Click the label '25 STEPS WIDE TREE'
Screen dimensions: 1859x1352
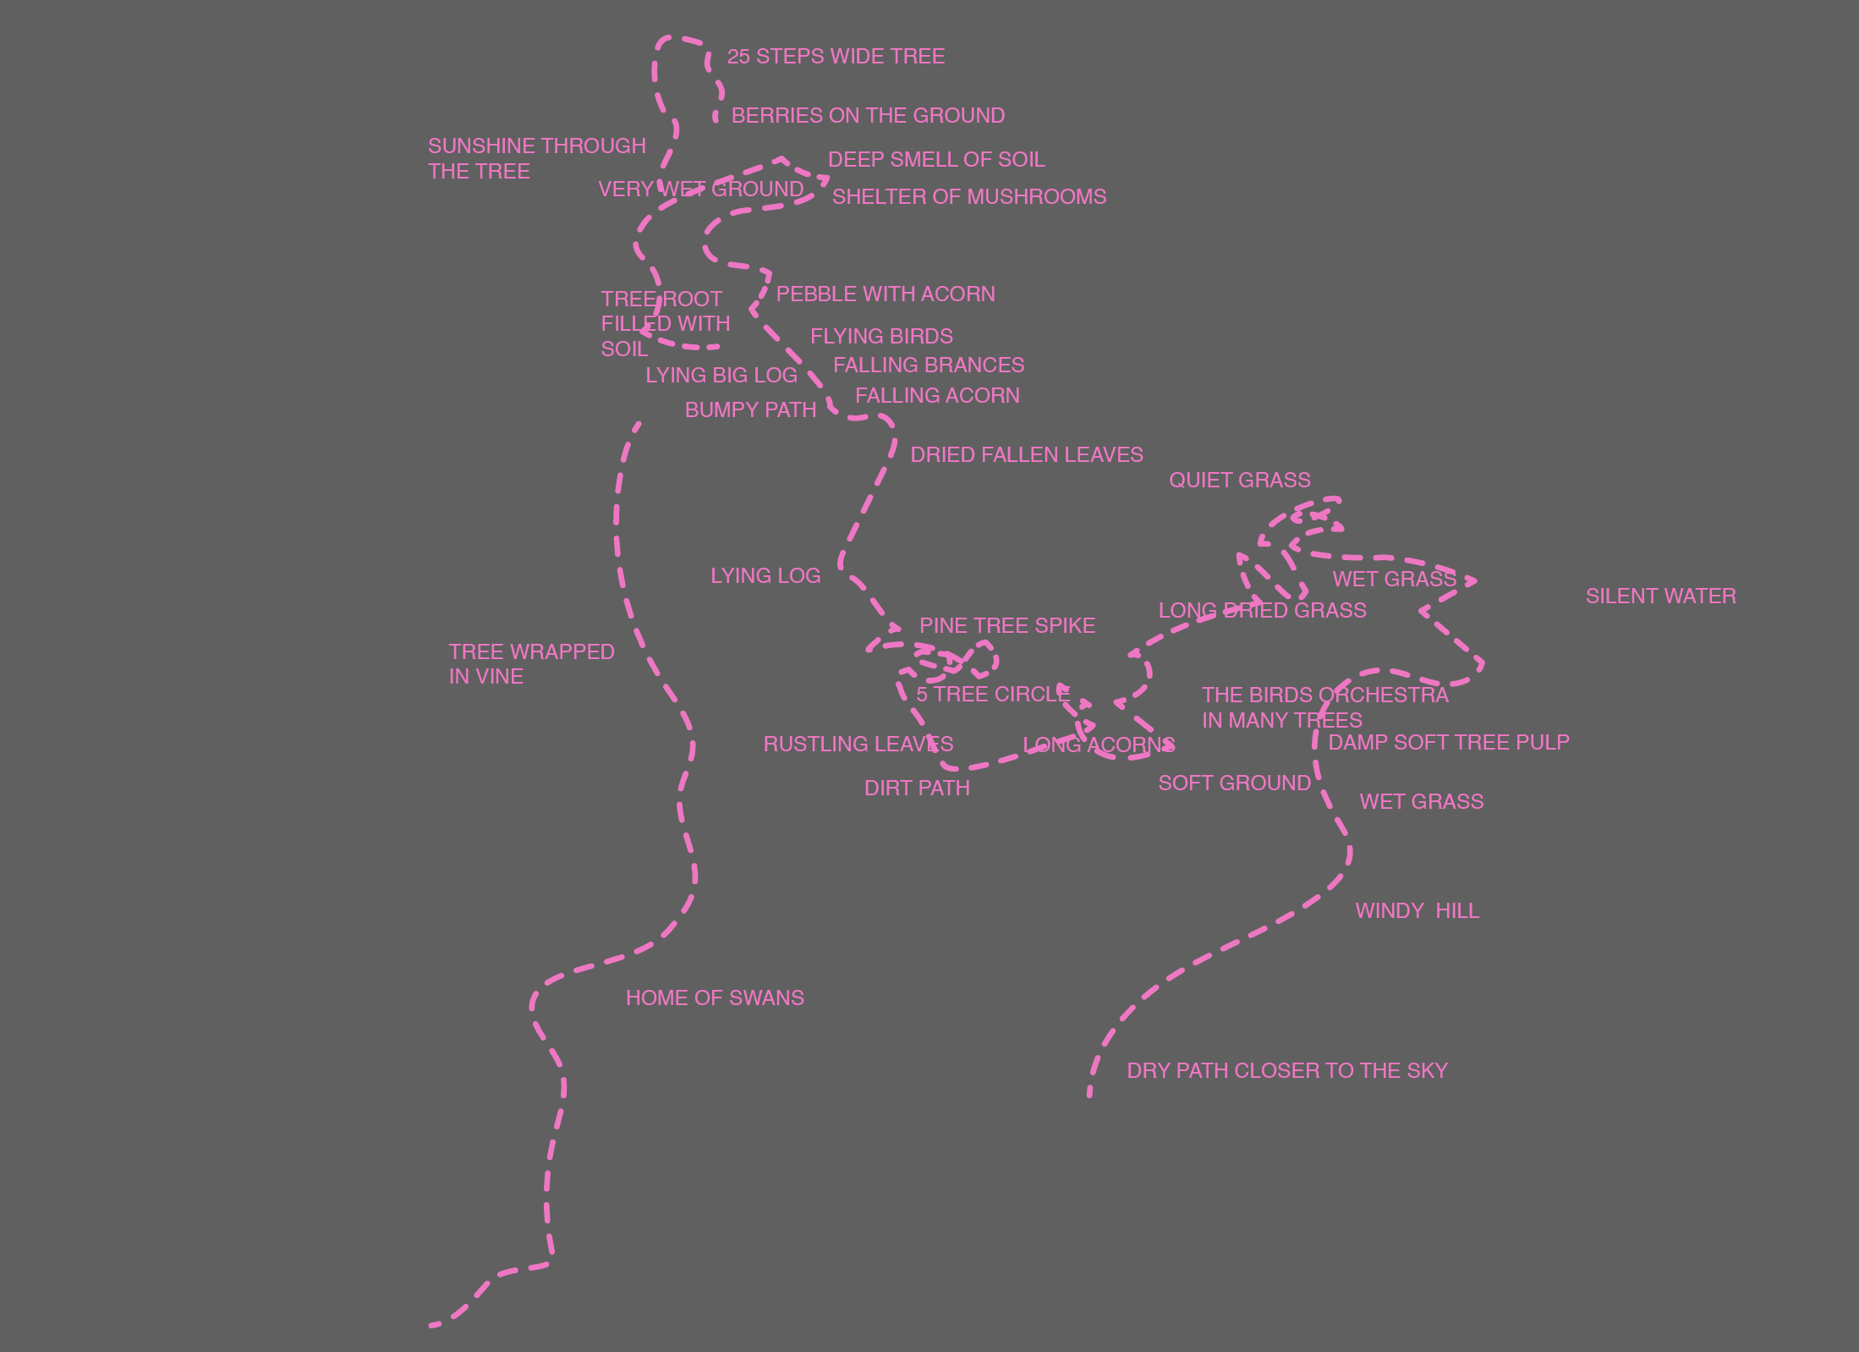click(836, 57)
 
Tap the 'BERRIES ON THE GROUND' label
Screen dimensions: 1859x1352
click(868, 116)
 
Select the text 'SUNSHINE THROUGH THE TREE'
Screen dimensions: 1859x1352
click(536, 158)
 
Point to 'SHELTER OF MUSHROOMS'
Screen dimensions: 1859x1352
click(969, 197)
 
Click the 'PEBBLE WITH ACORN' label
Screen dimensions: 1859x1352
click(886, 294)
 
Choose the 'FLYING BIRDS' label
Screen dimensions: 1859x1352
click(881, 337)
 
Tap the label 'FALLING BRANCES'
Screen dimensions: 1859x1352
click(929, 365)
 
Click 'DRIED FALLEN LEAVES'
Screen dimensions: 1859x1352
click(1026, 455)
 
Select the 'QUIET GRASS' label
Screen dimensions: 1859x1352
click(1239, 481)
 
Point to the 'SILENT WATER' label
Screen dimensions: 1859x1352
click(1660, 596)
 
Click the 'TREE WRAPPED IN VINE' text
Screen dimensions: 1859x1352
click(531, 664)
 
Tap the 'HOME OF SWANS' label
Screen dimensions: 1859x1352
click(715, 998)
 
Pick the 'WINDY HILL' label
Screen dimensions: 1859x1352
click(1417, 911)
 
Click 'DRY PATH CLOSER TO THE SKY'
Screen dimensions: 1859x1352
click(1286, 1071)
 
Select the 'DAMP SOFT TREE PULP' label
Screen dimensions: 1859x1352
click(1448, 743)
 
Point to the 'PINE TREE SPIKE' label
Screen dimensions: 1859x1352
click(1006, 626)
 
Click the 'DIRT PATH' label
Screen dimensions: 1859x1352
click(917, 789)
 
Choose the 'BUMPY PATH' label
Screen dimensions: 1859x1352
click(750, 410)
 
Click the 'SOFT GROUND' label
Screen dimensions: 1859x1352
click(1234, 783)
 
